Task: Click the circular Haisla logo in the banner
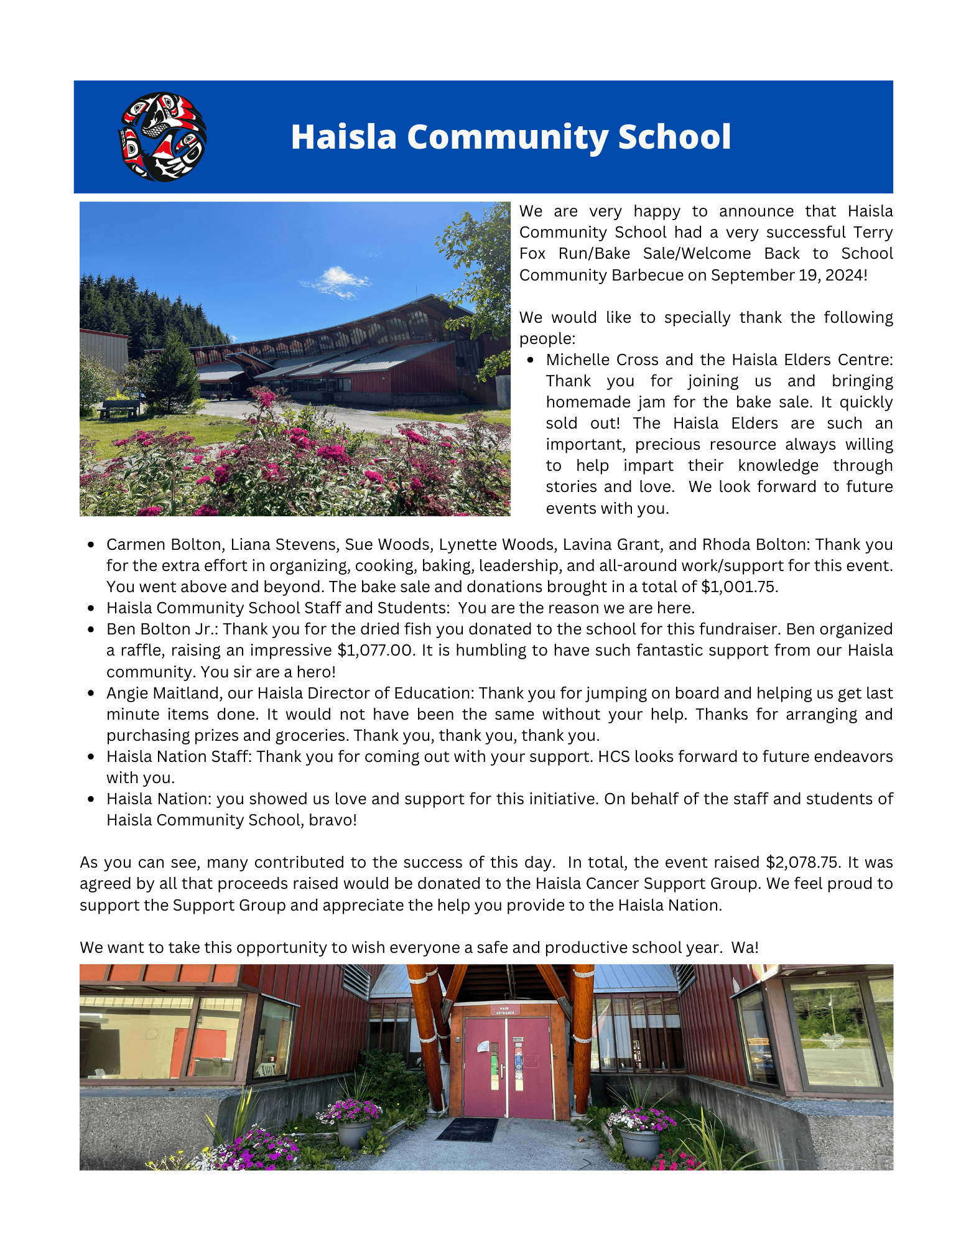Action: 162,137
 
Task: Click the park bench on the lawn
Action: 119,408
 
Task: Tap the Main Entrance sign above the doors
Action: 505,1010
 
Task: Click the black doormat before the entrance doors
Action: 467,1129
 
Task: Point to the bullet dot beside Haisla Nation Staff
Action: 91,757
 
